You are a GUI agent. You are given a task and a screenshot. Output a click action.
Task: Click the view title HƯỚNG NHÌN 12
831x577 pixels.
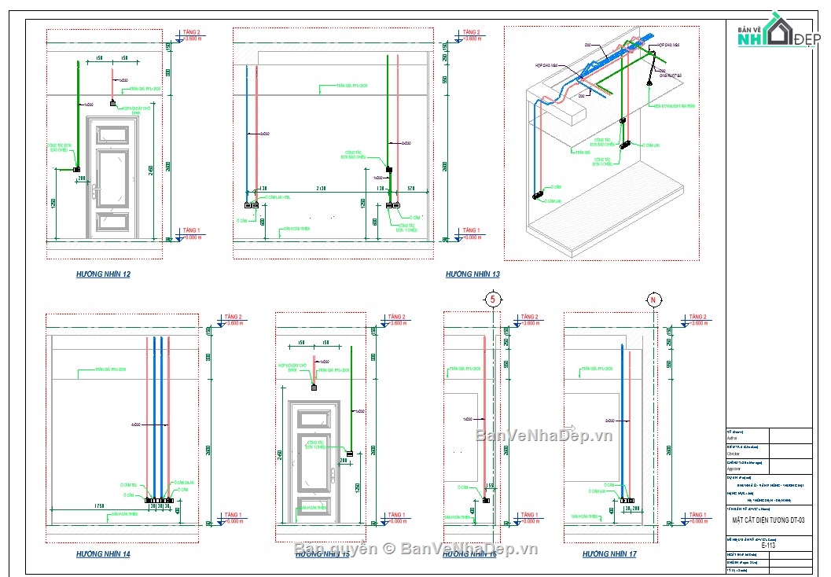pos(103,274)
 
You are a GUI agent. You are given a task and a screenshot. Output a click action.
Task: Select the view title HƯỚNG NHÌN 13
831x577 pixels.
pos(472,274)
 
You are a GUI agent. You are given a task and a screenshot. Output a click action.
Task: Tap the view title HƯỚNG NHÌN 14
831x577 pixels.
pos(103,554)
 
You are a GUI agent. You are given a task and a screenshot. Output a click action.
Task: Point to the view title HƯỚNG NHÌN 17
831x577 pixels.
pos(609,554)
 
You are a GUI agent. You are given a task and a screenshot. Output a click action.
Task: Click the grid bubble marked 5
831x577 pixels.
pos(492,299)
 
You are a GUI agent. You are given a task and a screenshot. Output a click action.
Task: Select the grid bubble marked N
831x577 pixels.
pos(652,299)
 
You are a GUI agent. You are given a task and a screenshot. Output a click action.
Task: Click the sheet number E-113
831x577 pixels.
pos(769,544)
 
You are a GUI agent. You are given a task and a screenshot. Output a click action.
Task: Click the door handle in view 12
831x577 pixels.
pos(94,191)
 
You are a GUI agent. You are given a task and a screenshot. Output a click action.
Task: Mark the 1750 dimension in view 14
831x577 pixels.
pos(99,505)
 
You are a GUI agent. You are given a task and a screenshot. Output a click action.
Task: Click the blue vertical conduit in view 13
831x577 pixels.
pos(248,134)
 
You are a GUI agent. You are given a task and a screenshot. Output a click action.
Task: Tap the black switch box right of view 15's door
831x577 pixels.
pos(349,452)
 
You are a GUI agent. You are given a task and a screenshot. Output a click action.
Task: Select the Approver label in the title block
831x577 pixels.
pos(734,468)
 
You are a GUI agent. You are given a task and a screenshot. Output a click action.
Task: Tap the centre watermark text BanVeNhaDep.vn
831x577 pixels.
pos(543,436)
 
